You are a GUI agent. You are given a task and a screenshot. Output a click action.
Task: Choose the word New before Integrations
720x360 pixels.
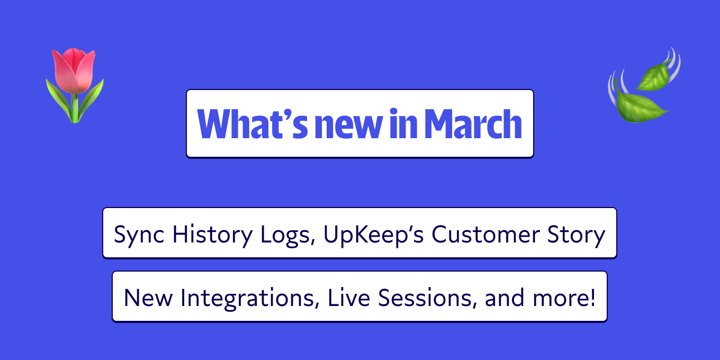click(x=149, y=298)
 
